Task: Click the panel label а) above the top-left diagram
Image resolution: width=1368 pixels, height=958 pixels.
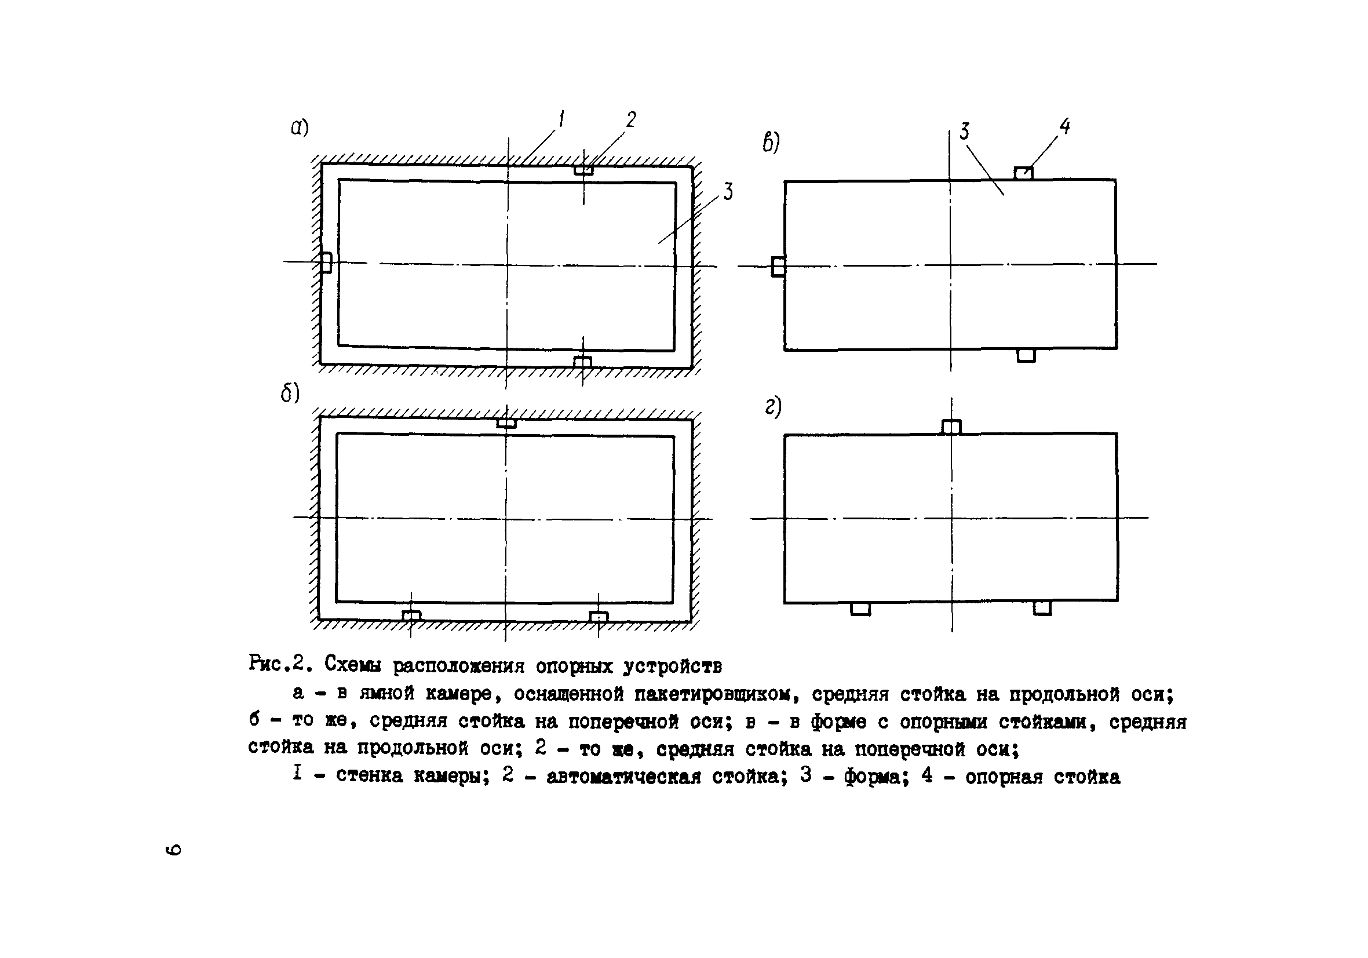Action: coord(299,127)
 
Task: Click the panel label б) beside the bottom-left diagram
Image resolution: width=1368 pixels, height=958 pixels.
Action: coord(290,394)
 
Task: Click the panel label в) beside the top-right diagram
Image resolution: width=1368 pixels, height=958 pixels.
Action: coord(771,143)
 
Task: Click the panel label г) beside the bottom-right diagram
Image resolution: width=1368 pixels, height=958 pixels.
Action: coord(773,407)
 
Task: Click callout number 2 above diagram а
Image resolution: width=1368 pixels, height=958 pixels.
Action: coord(631,120)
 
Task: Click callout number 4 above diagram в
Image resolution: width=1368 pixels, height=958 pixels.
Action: coord(1064,126)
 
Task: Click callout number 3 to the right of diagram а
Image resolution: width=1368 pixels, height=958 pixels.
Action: coord(728,192)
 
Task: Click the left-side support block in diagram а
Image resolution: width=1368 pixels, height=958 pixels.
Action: coord(326,263)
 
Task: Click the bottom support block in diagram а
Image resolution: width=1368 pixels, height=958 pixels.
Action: coord(582,362)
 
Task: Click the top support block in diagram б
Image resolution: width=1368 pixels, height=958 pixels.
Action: coord(506,423)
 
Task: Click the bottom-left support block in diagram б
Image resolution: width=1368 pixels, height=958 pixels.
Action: coord(411,616)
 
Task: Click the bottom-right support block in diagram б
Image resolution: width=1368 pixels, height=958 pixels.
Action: coord(598,617)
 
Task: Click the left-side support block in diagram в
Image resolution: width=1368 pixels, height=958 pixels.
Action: coord(778,267)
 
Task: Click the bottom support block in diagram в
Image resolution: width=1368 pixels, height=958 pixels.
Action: coord(1026,355)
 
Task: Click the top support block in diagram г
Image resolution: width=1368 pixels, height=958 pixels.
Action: coord(951,427)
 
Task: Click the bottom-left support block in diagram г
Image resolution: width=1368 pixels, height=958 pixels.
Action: coord(860,609)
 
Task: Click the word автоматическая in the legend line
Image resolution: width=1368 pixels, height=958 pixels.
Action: coord(623,776)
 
